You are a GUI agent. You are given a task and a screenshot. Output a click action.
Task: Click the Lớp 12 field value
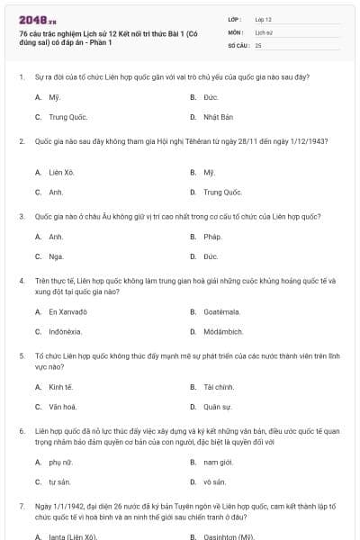point(264,18)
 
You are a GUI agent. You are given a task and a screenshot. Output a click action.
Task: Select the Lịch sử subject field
point(264,31)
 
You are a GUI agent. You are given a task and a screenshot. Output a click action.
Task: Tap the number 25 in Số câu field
point(258,44)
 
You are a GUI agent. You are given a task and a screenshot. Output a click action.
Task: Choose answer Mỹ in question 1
point(54,96)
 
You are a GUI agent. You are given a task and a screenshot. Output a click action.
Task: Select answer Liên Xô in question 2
point(61,171)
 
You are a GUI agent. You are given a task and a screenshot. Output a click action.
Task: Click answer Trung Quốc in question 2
point(222,192)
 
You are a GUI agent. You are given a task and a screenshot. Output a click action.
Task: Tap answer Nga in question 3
point(56,257)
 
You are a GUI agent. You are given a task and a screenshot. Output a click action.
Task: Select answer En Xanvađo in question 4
point(68,311)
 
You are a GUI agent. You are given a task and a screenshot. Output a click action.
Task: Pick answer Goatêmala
point(221,311)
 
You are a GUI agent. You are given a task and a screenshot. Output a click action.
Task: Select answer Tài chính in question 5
point(219,386)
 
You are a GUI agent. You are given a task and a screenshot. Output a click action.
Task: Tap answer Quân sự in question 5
point(217,407)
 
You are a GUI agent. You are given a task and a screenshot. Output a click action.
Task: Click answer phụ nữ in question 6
point(58,462)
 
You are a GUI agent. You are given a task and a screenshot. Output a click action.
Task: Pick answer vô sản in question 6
point(214,482)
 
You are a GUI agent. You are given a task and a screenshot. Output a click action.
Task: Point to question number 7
point(22,508)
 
